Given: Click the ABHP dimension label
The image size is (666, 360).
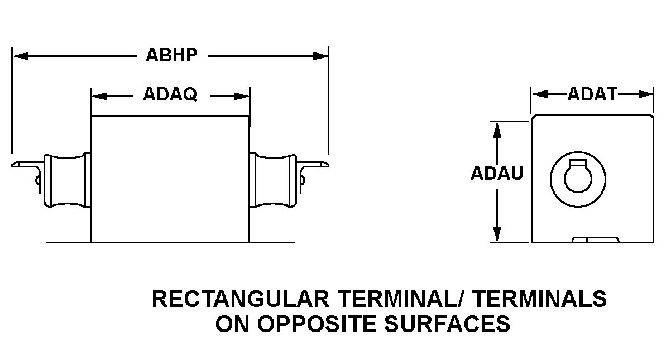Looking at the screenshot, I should click(x=171, y=56).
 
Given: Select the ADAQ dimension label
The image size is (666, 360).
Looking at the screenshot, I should click(x=170, y=95).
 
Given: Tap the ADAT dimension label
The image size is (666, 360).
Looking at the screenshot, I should click(x=592, y=95).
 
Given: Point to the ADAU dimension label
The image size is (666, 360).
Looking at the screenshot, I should click(x=497, y=174).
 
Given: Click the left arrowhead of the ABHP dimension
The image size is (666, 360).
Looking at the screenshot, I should click(x=20, y=56).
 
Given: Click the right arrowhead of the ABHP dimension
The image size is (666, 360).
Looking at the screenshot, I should click(x=321, y=56).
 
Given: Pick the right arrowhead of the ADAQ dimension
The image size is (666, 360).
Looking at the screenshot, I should click(x=242, y=96).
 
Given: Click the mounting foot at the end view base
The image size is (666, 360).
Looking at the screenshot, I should click(x=596, y=239).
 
